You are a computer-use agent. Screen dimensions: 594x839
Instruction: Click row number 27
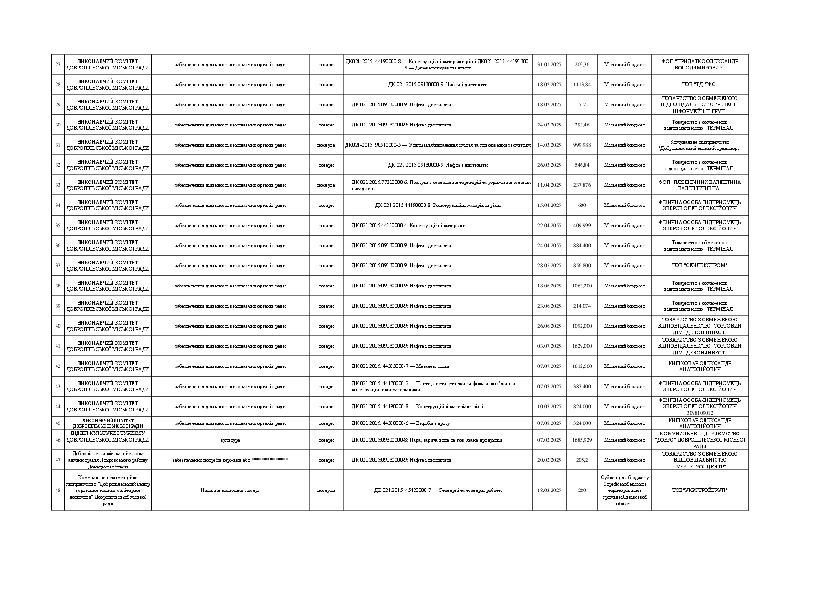click(58, 64)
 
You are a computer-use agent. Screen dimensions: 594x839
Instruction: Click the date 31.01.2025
click(549, 64)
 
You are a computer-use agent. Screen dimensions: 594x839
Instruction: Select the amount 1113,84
click(582, 84)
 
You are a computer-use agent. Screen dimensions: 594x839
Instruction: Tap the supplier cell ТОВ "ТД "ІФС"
click(699, 84)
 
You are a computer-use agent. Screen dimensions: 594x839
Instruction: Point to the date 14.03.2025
click(549, 145)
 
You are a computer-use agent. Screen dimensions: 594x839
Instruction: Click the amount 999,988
click(582, 145)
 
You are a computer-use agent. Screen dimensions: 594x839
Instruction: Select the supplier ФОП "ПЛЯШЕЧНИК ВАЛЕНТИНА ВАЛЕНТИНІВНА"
click(699, 185)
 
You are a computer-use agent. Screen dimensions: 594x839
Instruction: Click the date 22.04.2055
click(549, 225)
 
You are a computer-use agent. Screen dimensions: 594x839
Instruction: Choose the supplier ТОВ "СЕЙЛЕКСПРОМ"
click(699, 265)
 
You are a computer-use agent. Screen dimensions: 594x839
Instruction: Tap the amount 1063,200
click(582, 286)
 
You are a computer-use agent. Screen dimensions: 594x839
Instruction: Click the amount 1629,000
click(582, 346)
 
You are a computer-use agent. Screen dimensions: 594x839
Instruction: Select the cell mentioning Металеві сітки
click(401, 366)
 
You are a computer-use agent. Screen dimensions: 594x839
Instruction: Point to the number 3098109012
click(699, 413)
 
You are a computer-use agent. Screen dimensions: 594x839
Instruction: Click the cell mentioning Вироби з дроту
click(401, 423)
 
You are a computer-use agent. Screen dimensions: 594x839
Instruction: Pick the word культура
click(230, 440)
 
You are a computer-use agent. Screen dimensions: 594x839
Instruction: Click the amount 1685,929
click(582, 440)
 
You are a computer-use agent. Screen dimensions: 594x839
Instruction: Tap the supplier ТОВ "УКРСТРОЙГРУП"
click(699, 490)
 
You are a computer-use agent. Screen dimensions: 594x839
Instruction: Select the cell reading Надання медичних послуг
click(230, 490)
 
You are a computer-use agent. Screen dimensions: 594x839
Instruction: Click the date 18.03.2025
click(549, 490)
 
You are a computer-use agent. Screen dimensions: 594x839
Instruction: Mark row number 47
click(58, 460)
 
